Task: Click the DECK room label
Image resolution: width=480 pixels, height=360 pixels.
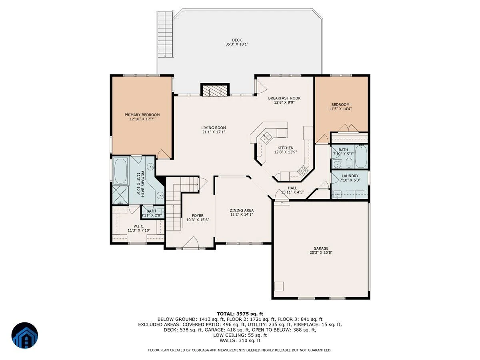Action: (237, 40)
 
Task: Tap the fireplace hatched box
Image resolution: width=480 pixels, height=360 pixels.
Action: (215, 90)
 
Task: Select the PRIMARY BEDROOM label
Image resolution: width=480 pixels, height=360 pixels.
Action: (142, 115)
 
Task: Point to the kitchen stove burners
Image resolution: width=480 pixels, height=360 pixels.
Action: (303, 171)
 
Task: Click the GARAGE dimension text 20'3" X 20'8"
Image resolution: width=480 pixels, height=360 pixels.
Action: (321, 252)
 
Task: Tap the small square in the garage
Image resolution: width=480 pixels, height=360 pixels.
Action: (279, 286)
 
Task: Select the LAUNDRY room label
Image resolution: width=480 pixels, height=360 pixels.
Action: (350, 176)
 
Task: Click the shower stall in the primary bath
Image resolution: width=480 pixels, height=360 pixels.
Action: (120, 195)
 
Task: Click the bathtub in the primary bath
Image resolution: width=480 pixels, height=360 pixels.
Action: (121, 171)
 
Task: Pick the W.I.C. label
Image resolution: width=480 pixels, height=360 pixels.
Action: (139, 226)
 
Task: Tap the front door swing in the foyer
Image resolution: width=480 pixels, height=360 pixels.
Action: (191, 243)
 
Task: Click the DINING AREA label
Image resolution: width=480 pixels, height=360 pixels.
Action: (242, 210)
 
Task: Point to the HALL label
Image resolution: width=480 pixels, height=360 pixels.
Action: (292, 188)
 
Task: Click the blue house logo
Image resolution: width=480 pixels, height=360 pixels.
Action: (25, 335)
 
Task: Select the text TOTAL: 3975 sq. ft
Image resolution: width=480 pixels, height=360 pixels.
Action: (240, 314)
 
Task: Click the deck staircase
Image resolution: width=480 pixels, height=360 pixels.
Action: (165, 34)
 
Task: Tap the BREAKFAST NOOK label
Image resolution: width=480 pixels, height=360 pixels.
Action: (284, 98)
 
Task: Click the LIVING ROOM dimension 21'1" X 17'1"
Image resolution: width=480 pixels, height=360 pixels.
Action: (214, 132)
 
